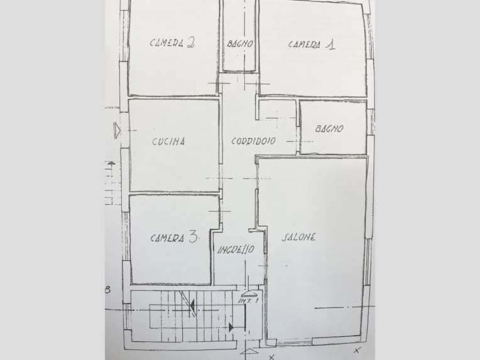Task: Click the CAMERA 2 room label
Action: point(172,43)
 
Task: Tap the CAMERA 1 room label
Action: point(312,45)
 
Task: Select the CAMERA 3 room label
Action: point(175,237)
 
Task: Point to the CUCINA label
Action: point(168,141)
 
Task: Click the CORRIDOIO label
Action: point(253,141)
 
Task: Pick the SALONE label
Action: point(298,237)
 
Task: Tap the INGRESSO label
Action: point(236,249)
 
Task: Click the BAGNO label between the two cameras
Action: point(240,44)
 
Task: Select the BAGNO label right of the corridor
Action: point(329,128)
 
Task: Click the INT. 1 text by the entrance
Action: point(248,300)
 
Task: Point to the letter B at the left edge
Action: point(107,290)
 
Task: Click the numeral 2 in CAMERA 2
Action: point(190,43)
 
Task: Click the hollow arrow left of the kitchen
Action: point(117,131)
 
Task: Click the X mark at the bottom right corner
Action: point(357,350)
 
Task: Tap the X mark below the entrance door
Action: point(271,357)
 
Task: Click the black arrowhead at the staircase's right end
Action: point(231,327)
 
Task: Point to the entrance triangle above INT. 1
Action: point(249,294)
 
